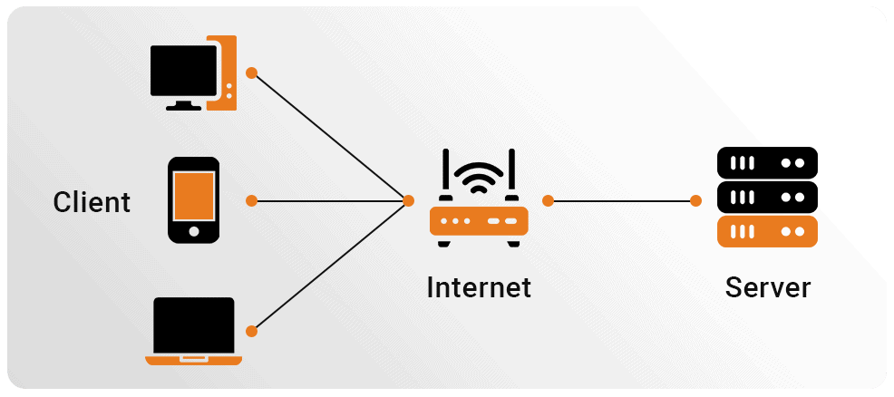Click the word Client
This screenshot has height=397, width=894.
point(92,202)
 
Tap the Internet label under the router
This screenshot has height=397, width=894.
point(479,287)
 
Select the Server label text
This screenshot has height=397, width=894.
point(767,287)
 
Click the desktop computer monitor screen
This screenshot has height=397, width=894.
point(183,71)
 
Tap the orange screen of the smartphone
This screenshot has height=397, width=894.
point(194,196)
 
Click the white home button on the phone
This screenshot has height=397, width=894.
point(194,231)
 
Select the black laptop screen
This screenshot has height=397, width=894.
point(194,325)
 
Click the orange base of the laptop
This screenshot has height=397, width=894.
point(194,361)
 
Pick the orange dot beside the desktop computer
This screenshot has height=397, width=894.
point(251,73)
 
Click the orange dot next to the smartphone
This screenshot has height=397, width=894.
point(251,200)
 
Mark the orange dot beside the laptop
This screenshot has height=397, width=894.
point(251,331)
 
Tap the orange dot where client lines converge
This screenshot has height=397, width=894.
point(408,200)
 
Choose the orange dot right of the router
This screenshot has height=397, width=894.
point(548,200)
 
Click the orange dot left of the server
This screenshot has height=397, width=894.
point(695,200)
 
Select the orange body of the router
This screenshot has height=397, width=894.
point(479,220)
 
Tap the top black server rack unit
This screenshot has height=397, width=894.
point(767,163)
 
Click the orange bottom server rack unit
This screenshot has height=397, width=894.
point(767,231)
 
